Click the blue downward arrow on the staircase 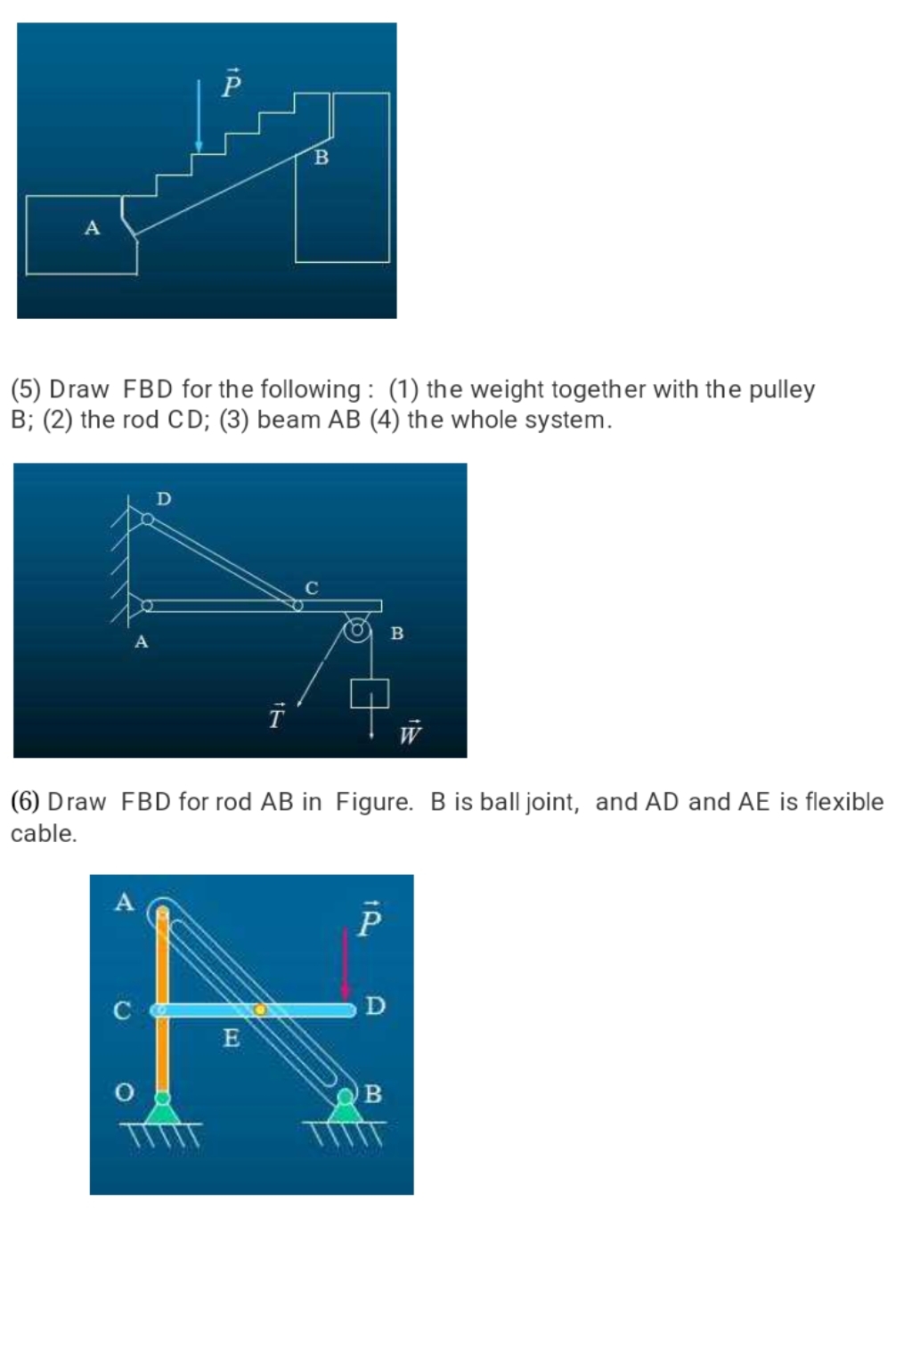coord(199,116)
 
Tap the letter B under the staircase coord(322,158)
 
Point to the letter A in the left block coord(92,228)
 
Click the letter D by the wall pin coord(164,499)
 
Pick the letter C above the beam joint coord(312,588)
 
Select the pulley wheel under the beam coord(357,630)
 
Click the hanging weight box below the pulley coord(370,693)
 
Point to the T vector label coord(277,716)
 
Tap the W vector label coord(410,732)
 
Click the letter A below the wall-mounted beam coord(141,642)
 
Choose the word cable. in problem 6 coord(44,834)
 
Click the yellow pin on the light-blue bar coord(260,1010)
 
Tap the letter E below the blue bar coord(232,1038)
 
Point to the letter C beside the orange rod coord(122,1011)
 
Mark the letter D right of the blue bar coord(376,1007)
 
